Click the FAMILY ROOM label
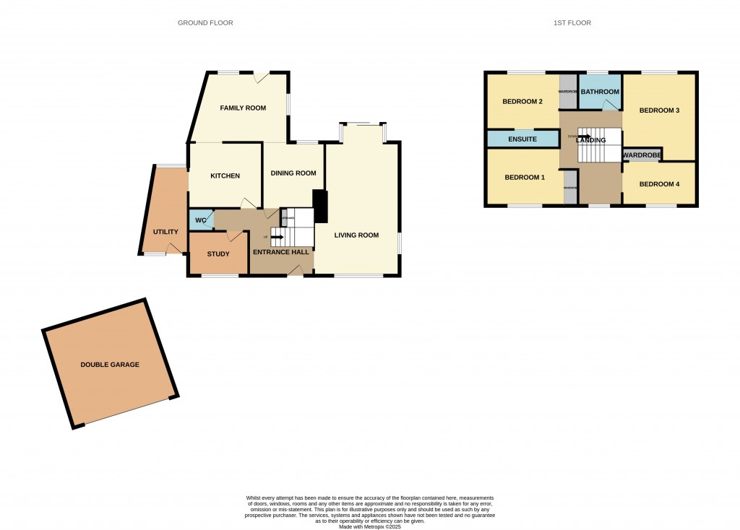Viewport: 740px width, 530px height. (x=243, y=108)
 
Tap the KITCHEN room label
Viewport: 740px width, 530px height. (x=225, y=176)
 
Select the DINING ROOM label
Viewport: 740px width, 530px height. (x=293, y=173)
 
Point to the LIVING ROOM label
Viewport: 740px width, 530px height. (x=356, y=235)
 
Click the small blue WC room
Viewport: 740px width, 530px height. (x=200, y=220)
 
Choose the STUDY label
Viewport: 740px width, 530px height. (x=218, y=254)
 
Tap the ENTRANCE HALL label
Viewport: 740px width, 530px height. (x=280, y=252)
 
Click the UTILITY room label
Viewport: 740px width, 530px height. (x=165, y=232)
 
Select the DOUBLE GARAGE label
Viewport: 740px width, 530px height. (x=110, y=365)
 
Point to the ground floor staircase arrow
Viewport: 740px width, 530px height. (x=277, y=236)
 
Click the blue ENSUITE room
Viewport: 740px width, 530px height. (x=522, y=138)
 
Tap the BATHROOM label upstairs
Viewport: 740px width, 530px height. (x=601, y=92)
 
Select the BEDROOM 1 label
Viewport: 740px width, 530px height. (x=525, y=178)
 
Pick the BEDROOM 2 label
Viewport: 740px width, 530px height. (x=522, y=102)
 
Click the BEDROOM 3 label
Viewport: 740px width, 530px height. (x=659, y=110)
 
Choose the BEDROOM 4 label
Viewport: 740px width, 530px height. (x=660, y=184)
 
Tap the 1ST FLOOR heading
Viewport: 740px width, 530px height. (x=572, y=23)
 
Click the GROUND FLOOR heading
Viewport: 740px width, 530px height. (x=205, y=23)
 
